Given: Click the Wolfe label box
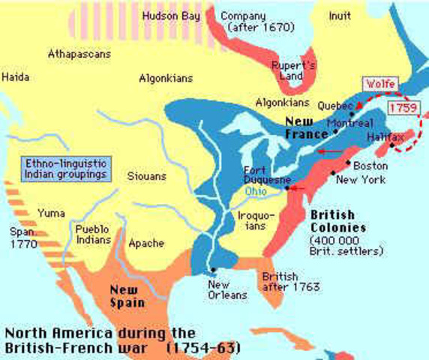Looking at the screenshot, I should (380, 85).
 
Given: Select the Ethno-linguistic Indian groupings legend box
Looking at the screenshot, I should (63, 168).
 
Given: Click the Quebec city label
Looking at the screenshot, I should (336, 106).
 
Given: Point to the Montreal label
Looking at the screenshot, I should (345, 122).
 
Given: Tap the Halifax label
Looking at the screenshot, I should (385, 139).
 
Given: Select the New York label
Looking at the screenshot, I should (360, 180).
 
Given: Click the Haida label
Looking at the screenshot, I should (16, 76).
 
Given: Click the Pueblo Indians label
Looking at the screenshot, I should (92, 233).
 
